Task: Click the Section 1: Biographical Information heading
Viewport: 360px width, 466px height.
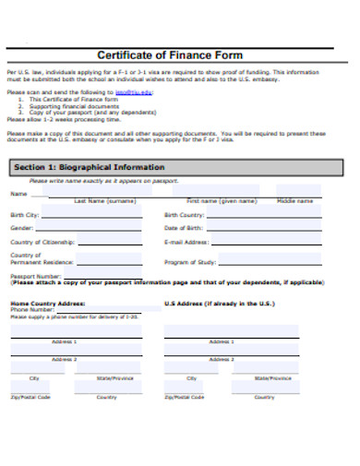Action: [88, 168]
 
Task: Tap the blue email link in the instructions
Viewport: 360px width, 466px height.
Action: [134, 92]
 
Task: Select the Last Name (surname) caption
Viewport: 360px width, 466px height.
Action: [104, 199]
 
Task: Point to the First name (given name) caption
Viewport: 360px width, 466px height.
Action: [221, 199]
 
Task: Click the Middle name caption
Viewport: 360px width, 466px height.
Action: [294, 199]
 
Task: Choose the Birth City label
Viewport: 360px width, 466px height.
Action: [24, 215]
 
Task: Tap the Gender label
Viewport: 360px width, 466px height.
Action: [21, 228]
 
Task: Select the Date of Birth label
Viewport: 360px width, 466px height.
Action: [183, 228]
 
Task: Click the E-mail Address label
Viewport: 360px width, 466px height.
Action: [186, 242]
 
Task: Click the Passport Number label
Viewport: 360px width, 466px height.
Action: [34, 275]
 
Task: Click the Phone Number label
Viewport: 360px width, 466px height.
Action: [30, 309]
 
